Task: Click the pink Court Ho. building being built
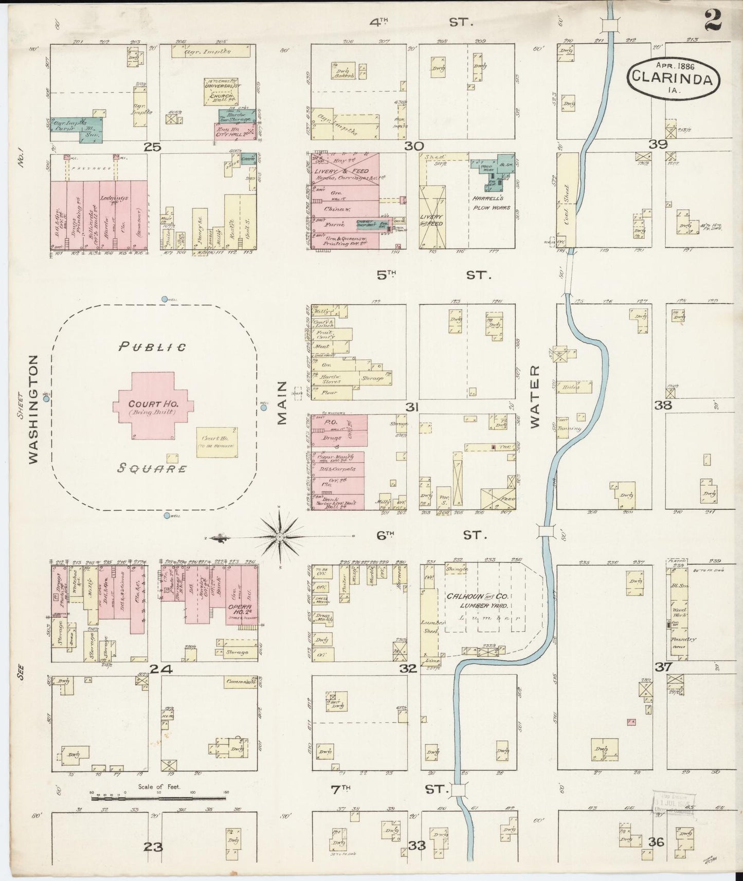click(x=154, y=406)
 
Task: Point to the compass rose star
click(x=280, y=537)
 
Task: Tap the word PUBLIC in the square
click(x=152, y=347)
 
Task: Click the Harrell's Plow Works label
click(x=491, y=203)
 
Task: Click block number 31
click(x=411, y=407)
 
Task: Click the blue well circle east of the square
click(x=264, y=408)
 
